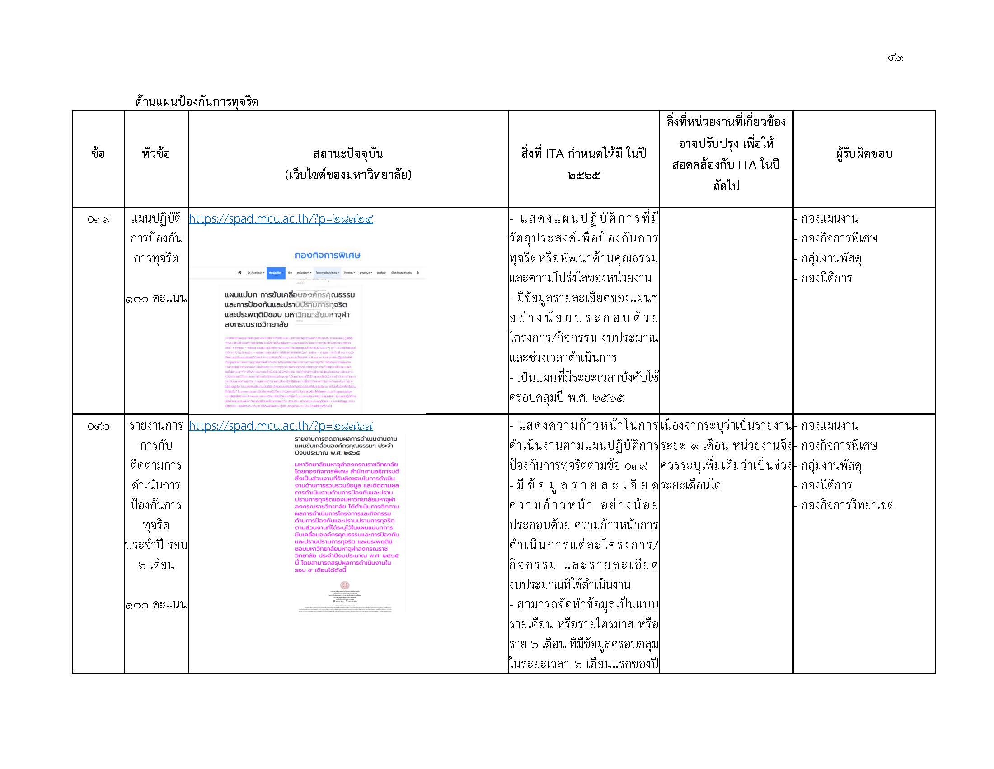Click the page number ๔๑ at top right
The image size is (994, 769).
[x=895, y=58]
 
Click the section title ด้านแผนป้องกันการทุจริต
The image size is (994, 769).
[x=197, y=102]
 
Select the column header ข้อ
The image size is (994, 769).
[x=98, y=154]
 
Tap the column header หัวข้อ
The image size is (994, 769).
[x=156, y=154]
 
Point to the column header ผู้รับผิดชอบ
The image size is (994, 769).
[x=864, y=154]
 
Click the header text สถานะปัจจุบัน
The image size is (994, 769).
[x=348, y=154]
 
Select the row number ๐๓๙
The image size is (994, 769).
[x=98, y=219]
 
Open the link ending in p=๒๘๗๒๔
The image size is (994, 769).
[x=281, y=219]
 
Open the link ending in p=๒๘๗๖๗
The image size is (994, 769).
[x=281, y=426]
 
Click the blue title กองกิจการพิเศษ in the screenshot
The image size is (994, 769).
[x=327, y=256]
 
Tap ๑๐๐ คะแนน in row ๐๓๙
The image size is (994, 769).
[x=156, y=299]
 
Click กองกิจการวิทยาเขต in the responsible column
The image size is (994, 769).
[x=847, y=506]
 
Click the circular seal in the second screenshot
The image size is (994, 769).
[x=345, y=585]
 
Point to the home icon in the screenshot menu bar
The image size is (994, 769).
[x=239, y=273]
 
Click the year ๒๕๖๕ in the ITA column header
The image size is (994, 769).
[x=584, y=176]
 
